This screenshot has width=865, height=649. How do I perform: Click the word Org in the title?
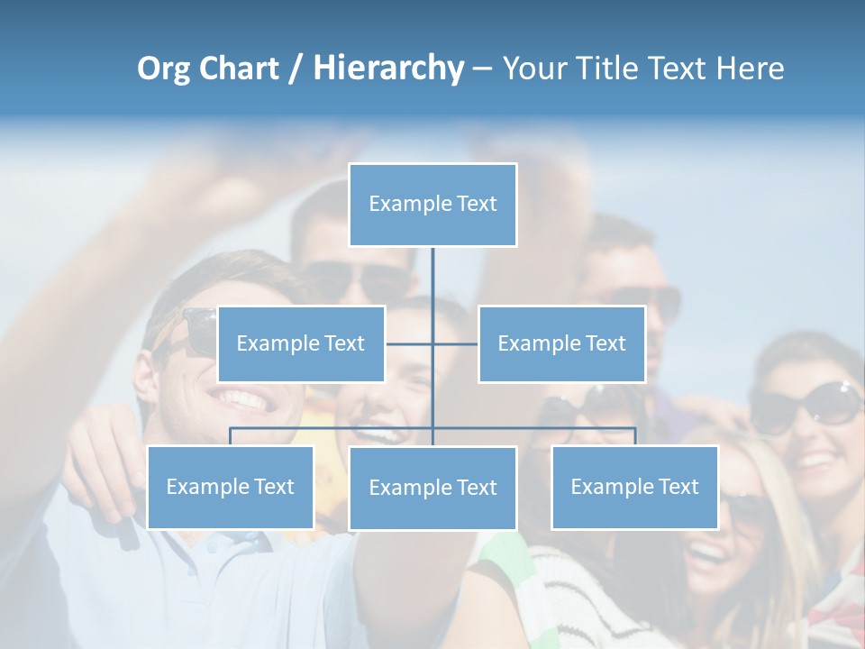164,69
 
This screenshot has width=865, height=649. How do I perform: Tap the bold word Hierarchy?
387,69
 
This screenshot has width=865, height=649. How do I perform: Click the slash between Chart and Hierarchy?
296,69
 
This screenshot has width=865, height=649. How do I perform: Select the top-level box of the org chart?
432,205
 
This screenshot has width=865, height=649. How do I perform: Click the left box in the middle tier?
301,343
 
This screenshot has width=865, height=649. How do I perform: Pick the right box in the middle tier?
561,343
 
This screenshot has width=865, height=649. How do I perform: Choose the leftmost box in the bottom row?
230,487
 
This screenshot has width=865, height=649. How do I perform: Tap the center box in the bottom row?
432,488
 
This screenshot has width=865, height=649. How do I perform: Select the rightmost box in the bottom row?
634,487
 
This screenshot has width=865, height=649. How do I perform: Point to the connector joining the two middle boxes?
432,343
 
